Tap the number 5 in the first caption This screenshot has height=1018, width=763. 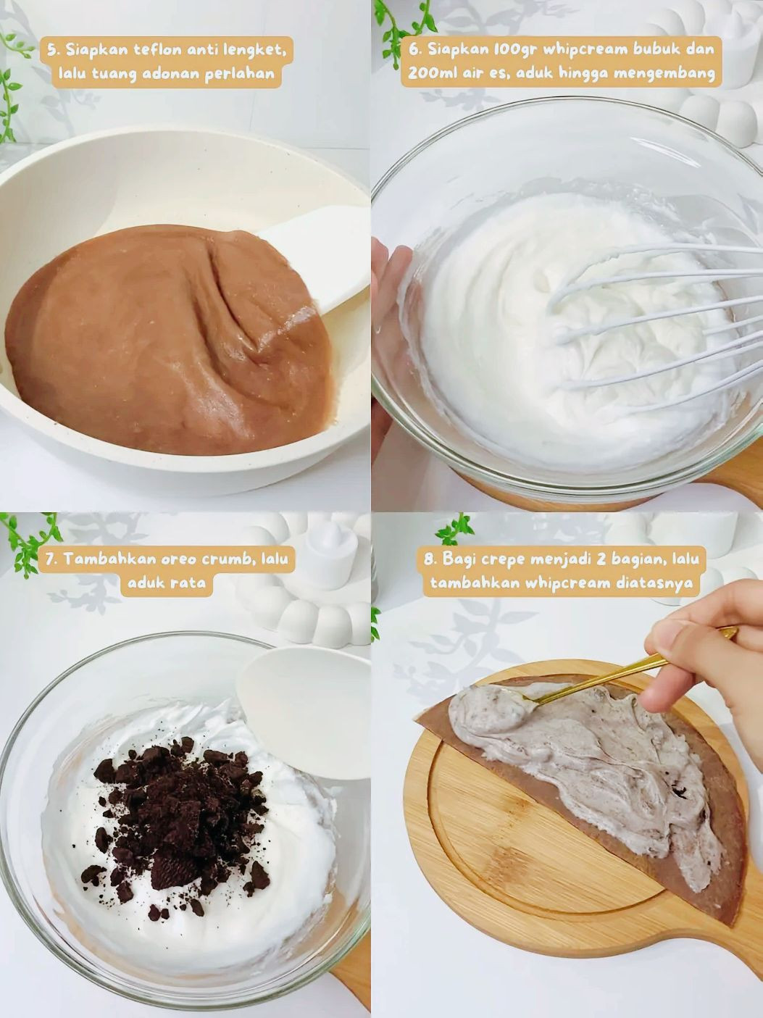(x=52, y=50)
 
